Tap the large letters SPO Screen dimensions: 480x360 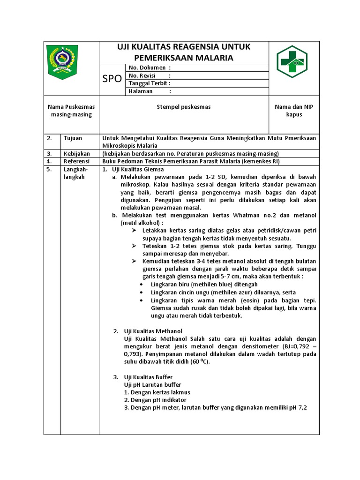[112, 79]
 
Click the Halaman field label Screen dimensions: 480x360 [141, 91]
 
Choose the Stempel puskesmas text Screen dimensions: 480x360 [183, 107]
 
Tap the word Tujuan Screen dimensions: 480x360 [73, 138]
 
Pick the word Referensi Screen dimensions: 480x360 [76, 161]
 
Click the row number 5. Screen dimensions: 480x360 [49, 169]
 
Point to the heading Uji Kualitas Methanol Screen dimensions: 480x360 [153, 331]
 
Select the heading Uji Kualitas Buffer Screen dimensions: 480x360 [148, 377]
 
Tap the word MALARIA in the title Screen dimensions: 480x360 [211, 58]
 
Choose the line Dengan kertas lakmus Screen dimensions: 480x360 [157, 392]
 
